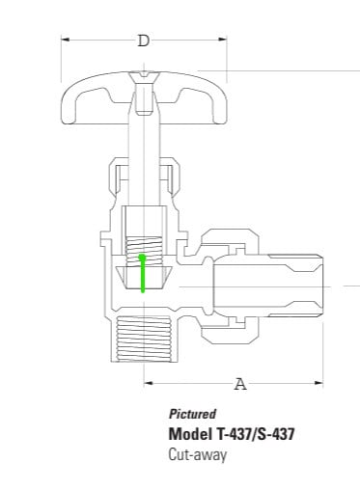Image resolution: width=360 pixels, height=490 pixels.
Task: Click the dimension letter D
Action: click(144, 41)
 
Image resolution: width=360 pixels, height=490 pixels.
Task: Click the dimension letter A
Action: click(240, 384)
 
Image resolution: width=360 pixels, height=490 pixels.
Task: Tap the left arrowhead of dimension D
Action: click(65, 40)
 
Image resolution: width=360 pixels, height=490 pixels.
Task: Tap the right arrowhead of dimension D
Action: click(223, 40)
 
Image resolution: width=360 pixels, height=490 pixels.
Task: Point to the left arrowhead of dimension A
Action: click(148, 383)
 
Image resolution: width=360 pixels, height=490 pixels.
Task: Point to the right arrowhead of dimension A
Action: click(318, 383)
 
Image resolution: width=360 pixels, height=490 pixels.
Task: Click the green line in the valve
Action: click(142, 273)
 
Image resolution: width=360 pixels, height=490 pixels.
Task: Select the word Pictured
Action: click(192, 414)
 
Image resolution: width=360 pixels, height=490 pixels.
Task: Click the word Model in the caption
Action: click(189, 434)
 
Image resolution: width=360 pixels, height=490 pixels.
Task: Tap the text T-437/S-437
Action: click(254, 434)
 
